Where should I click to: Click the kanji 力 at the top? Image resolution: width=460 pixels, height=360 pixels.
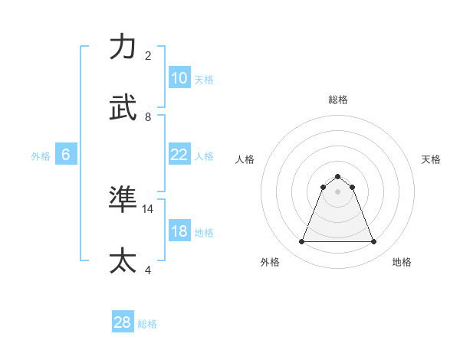[x=123, y=47]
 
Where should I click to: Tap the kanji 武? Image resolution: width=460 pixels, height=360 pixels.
[x=123, y=108]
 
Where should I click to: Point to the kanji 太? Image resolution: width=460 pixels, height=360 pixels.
[x=123, y=261]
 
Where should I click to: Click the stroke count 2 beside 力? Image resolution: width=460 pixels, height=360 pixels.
[x=148, y=56]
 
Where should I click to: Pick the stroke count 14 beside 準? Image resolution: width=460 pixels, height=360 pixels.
[x=148, y=208]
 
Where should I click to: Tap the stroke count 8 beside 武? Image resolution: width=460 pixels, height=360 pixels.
[x=148, y=117]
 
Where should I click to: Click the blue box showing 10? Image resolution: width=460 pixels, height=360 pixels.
[x=179, y=78]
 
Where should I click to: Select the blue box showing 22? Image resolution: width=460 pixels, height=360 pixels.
[x=179, y=155]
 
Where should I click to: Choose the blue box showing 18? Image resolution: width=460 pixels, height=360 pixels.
[x=179, y=231]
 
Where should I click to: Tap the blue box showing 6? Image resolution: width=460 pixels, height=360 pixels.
[x=66, y=155]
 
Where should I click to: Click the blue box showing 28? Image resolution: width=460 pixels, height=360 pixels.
[x=123, y=322]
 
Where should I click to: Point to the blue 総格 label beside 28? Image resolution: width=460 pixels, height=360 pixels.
[x=147, y=324]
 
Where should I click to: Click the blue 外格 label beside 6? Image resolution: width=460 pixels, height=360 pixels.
[x=41, y=156]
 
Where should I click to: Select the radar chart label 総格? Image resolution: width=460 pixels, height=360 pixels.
[x=337, y=100]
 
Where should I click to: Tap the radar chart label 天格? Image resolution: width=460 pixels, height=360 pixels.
[x=431, y=159]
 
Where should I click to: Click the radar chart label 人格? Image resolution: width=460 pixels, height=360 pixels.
[x=245, y=159]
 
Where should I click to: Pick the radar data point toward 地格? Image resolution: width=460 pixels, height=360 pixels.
[x=373, y=242]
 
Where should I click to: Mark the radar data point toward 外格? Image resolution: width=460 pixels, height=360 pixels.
[x=301, y=242]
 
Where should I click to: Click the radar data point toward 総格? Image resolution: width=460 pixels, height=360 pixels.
[x=337, y=176]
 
